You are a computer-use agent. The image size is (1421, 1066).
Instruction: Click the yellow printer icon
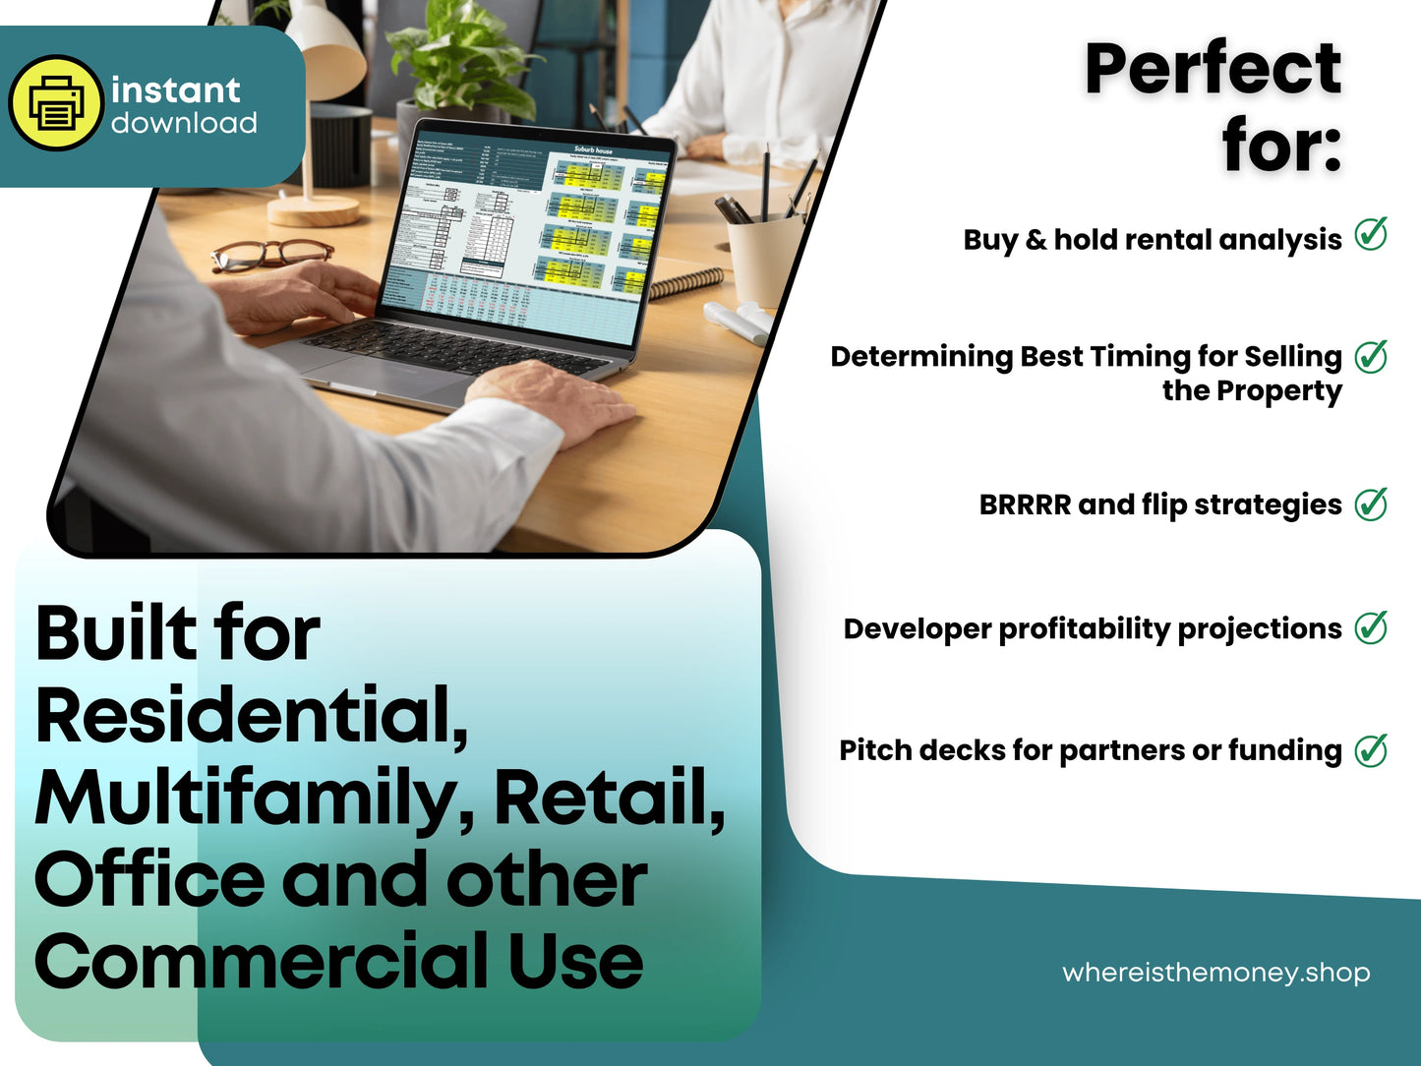click(56, 103)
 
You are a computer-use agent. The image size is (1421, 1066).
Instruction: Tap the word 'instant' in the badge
click(175, 90)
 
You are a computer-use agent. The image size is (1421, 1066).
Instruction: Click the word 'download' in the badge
click(184, 124)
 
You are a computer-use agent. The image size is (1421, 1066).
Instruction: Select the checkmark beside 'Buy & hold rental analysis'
click(1371, 235)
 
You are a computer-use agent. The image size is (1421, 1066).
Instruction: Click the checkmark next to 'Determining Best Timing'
click(1371, 356)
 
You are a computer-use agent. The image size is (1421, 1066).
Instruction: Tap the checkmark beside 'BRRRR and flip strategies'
click(1371, 503)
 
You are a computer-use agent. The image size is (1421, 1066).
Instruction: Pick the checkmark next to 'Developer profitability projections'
click(1371, 627)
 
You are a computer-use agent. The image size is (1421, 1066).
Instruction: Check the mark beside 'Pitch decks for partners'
click(1371, 750)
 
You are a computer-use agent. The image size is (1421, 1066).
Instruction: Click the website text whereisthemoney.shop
click(1215, 973)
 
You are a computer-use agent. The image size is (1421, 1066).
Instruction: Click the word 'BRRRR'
click(1024, 504)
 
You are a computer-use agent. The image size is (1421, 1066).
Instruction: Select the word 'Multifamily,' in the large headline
click(255, 798)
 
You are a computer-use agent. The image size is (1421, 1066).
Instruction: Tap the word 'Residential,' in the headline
click(251, 715)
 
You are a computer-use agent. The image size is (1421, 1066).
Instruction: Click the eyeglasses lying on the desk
click(269, 254)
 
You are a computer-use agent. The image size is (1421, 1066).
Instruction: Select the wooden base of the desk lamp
click(314, 209)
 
